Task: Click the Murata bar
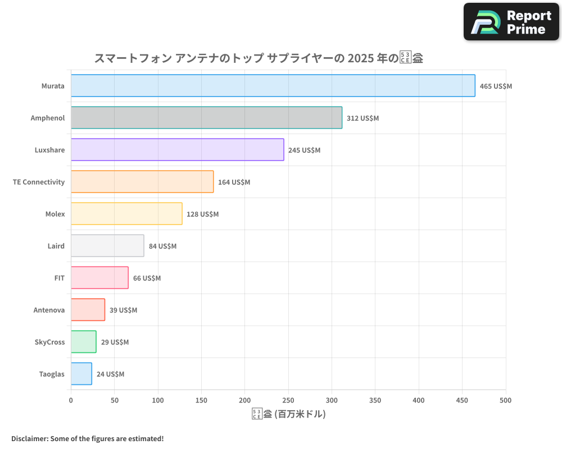click(x=273, y=86)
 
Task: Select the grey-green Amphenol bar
click(x=206, y=118)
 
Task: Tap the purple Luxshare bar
click(x=177, y=150)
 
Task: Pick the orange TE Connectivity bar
click(x=142, y=182)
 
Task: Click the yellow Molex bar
click(x=126, y=214)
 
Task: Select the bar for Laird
click(x=107, y=246)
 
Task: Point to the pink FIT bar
click(x=99, y=278)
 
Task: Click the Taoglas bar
click(x=81, y=374)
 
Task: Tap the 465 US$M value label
click(x=496, y=86)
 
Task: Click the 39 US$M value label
click(x=123, y=310)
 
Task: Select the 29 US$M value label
click(x=115, y=342)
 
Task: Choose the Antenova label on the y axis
click(x=49, y=310)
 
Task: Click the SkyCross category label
click(x=49, y=342)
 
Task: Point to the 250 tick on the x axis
click(x=288, y=400)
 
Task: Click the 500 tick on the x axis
click(x=505, y=400)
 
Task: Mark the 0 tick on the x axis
click(x=71, y=400)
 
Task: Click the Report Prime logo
click(x=511, y=22)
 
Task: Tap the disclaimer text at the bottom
click(x=88, y=438)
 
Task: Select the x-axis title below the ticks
click(x=288, y=414)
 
